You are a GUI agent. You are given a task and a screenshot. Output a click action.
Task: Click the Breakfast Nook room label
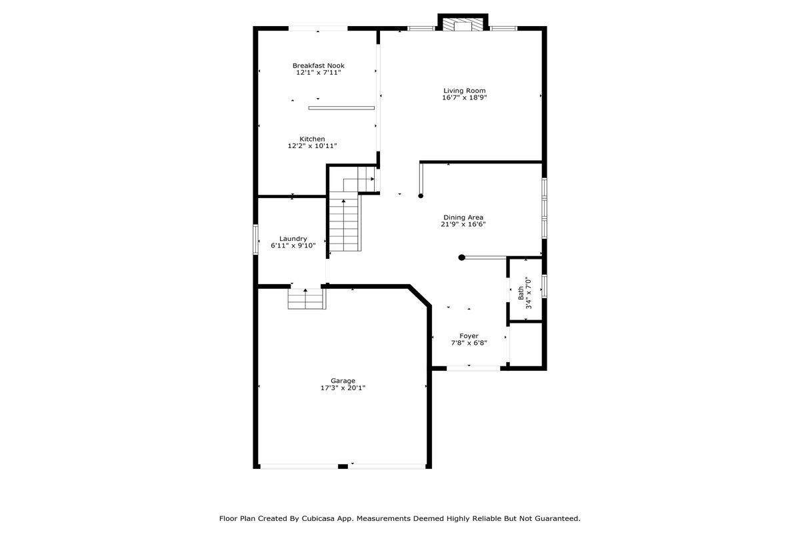click(318, 66)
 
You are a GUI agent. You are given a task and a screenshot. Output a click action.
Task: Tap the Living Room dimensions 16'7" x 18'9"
click(464, 97)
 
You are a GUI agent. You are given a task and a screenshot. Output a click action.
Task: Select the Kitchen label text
click(312, 139)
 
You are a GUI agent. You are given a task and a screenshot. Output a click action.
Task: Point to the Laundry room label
click(293, 239)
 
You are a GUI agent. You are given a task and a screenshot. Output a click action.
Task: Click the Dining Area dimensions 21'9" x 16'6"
click(463, 224)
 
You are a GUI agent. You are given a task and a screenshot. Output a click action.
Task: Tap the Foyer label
click(469, 336)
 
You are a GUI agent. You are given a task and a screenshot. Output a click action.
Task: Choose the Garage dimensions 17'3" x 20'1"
click(343, 388)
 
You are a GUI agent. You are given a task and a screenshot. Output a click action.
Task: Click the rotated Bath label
click(521, 293)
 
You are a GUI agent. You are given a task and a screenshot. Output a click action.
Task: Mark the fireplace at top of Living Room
click(463, 23)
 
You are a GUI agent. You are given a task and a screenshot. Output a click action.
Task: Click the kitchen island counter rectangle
click(341, 108)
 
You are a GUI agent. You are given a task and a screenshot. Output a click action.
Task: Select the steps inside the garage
click(307, 299)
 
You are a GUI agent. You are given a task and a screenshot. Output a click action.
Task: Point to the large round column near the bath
click(461, 257)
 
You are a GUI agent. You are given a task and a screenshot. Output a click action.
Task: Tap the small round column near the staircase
click(421, 196)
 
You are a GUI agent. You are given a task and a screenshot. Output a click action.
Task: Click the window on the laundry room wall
click(255, 239)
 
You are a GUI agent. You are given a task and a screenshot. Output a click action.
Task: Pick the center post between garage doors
click(343, 466)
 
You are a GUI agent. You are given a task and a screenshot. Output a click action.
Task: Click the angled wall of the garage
click(420, 296)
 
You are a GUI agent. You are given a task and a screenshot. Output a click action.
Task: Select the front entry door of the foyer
click(473, 368)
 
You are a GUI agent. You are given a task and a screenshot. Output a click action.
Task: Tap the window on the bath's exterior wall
click(544, 286)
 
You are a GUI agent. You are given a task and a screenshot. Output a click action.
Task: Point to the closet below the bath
click(526, 344)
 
